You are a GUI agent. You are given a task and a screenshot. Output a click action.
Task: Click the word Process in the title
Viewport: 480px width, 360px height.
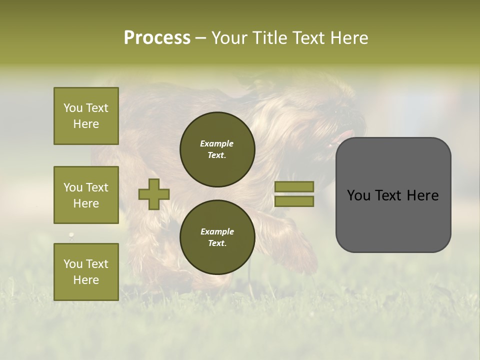(157, 37)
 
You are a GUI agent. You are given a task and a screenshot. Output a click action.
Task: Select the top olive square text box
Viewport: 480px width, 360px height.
(86, 116)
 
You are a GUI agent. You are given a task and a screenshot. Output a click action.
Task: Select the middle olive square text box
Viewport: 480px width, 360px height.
(86, 195)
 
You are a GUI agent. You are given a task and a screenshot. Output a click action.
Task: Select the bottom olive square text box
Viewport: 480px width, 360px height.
(86, 271)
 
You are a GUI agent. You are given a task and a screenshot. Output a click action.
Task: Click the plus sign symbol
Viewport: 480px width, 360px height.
(154, 194)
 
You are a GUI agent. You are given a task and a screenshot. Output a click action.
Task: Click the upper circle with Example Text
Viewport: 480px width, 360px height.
(217, 149)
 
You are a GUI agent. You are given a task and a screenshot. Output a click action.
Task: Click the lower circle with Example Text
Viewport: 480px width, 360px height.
(217, 237)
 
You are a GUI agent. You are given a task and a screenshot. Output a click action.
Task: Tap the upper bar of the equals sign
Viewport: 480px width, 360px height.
(294, 186)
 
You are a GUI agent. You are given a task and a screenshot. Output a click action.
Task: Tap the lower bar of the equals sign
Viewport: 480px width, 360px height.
(294, 201)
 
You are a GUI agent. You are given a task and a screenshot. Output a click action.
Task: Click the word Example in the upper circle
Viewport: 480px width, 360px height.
(217, 143)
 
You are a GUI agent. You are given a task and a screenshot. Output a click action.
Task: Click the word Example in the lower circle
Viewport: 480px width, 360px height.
(217, 231)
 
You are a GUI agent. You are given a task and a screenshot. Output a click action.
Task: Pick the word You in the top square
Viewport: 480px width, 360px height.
(73, 108)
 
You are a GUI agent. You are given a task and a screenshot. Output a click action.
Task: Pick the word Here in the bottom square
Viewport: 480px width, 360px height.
(86, 280)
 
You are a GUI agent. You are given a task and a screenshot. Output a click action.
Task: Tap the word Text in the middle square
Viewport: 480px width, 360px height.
(96, 187)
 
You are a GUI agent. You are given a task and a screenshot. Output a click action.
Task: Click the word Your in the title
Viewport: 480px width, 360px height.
(229, 37)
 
